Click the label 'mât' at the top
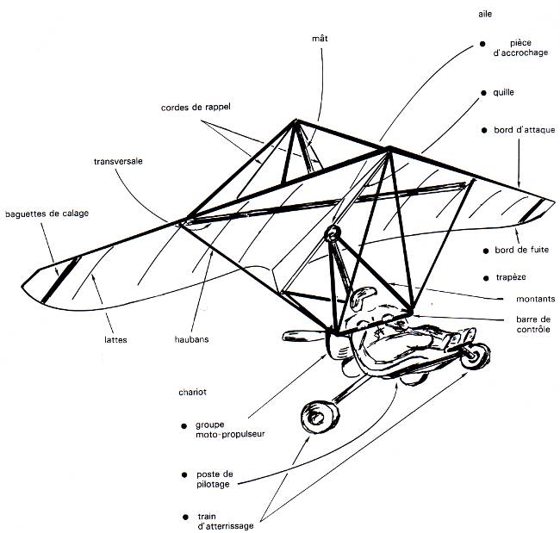tap(320, 38)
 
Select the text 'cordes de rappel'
tap(196, 107)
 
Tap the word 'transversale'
tap(118, 161)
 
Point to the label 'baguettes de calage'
tap(47, 214)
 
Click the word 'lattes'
tap(115, 339)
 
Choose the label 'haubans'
tap(191, 339)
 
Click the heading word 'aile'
tap(485, 14)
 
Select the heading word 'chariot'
tap(192, 392)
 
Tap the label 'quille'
tap(503, 92)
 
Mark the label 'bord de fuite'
tap(521, 250)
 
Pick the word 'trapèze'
tap(511, 277)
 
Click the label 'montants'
tap(535, 299)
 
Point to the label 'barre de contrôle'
tap(533, 324)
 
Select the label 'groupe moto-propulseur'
tap(230, 430)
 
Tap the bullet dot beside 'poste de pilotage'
tap(184, 474)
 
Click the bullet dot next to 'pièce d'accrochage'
tap(482, 44)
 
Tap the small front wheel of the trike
tap(475, 355)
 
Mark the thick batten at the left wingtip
tap(60, 280)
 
